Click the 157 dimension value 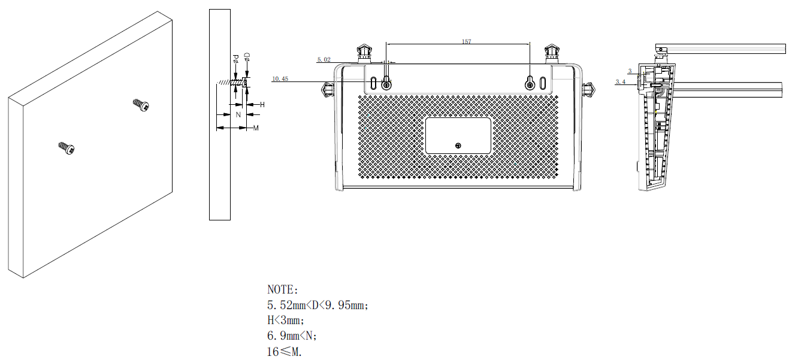pos(466,41)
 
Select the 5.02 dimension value pos(324,59)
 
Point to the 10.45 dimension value pos(280,78)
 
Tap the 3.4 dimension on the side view pos(621,81)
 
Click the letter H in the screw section pos(262,105)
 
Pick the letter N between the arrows pos(238,114)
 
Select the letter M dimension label pos(256,128)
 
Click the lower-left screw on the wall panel pos(66,148)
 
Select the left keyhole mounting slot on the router pos(386,83)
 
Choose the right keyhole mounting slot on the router pos(530,83)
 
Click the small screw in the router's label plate pos(458,146)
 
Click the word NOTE pos(282,291)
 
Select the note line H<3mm pos(286,320)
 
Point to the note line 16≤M pos(285,352)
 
